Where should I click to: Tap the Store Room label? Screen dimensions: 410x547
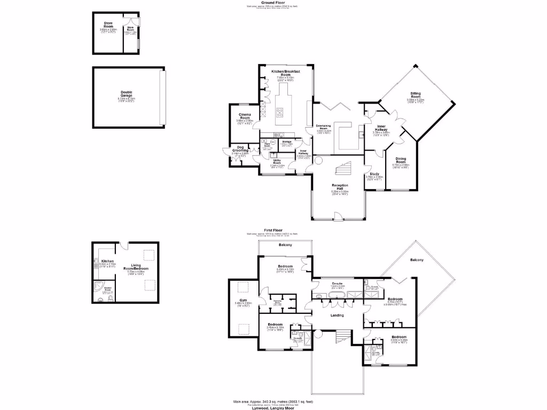pos(108,25)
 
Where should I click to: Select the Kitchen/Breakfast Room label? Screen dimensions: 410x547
pos(285,73)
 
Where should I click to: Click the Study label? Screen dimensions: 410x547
pos(374,174)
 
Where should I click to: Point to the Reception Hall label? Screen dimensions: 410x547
pos(340,186)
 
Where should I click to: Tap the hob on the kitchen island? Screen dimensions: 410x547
pos(279,112)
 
